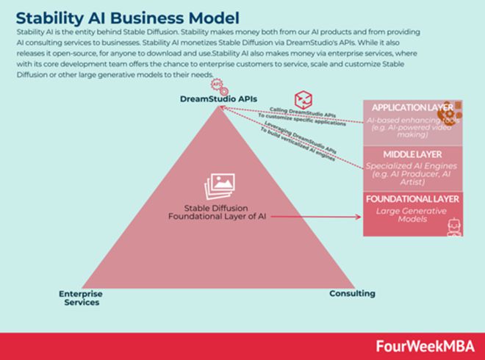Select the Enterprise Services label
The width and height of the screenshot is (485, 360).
(81, 298)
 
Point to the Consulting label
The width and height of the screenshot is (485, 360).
(351, 293)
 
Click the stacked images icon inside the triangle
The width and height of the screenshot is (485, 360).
(220, 186)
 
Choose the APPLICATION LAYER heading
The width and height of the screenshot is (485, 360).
(412, 107)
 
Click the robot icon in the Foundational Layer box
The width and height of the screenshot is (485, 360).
(453, 226)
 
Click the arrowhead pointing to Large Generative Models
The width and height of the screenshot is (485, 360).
(359, 216)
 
